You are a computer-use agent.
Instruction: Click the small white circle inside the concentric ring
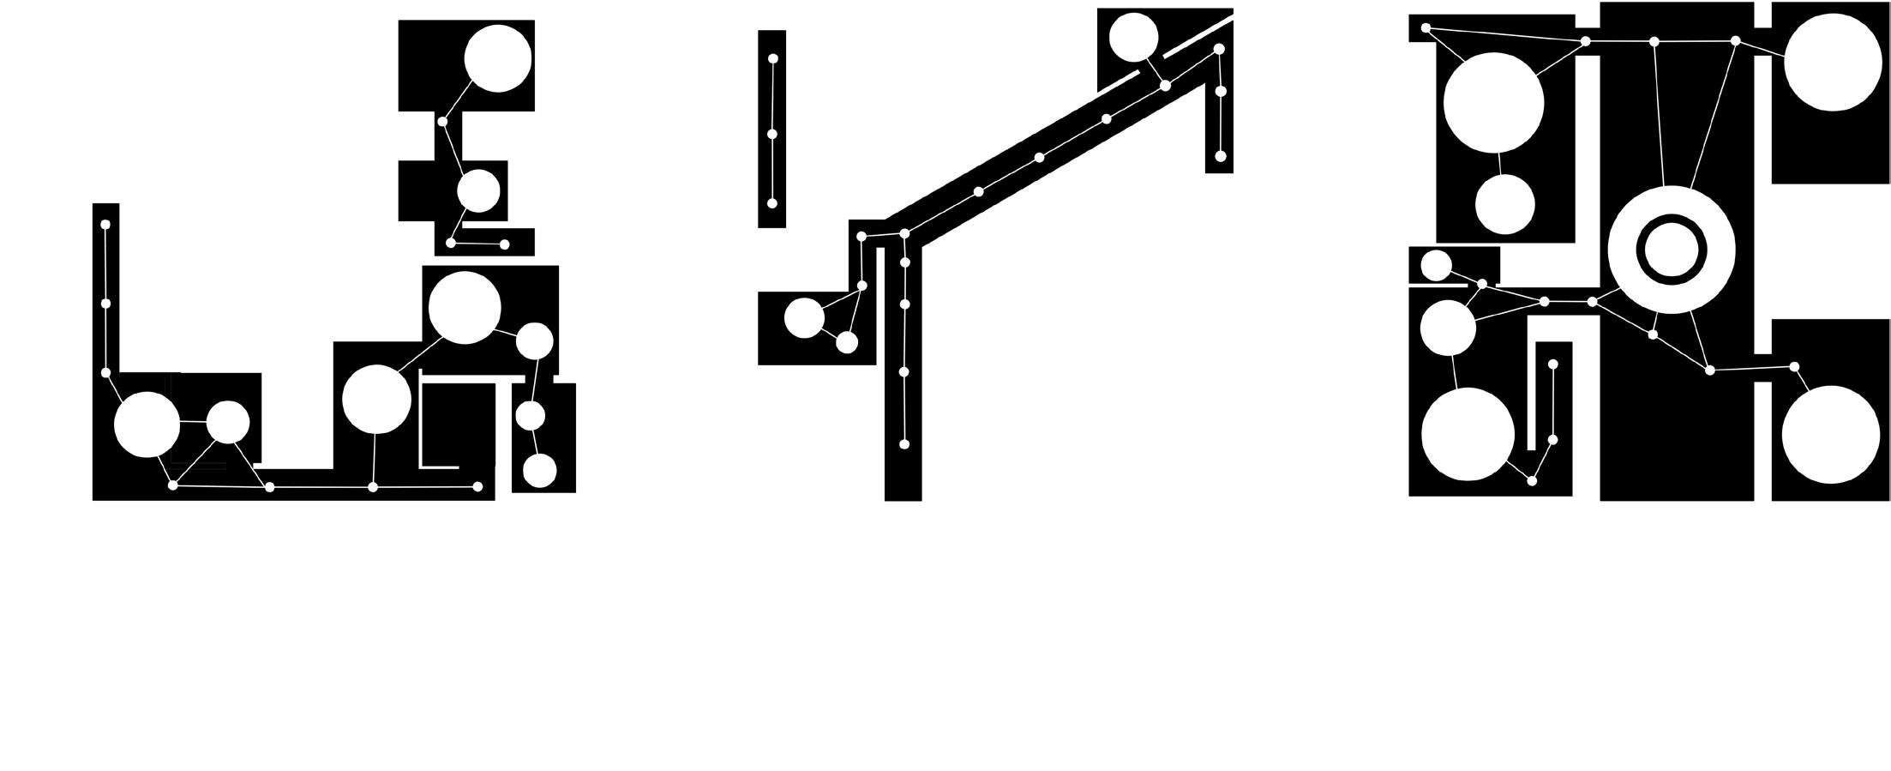pos(1672,250)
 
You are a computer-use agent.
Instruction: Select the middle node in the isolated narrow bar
pos(771,135)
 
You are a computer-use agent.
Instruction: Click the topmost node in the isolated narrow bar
pos(772,58)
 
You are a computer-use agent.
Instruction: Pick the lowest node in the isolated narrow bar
pos(771,203)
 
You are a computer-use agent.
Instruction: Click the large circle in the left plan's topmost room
pos(497,58)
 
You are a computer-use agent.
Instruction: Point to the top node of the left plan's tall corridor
pos(105,225)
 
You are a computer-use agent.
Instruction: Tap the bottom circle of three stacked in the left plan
pos(539,471)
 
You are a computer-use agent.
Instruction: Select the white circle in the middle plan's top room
pos(1133,38)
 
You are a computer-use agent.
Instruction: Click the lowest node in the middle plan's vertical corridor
pos(903,444)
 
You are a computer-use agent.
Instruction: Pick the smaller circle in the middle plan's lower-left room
pos(846,342)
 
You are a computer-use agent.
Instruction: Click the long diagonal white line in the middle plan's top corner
pos(1198,35)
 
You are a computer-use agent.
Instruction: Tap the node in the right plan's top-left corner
pos(1426,28)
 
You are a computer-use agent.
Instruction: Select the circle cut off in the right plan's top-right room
pos(1833,62)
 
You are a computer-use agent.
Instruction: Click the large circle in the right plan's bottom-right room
pos(1831,434)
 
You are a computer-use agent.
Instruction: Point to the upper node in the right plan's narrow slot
pos(1552,364)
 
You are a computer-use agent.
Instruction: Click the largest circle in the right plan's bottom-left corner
pos(1468,434)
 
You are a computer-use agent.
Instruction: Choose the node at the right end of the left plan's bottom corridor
pos(477,487)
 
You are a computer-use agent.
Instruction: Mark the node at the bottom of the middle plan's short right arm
pos(1221,156)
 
